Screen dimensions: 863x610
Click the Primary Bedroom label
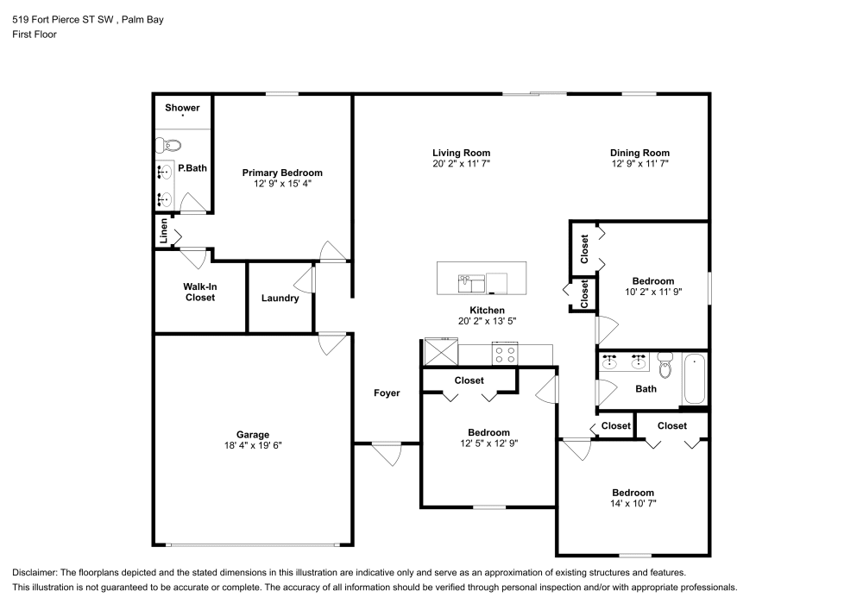pyautogui.click(x=282, y=173)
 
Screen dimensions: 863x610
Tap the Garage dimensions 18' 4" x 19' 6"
pyautogui.click(x=253, y=445)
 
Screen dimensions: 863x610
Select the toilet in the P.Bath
pyautogui.click(x=168, y=146)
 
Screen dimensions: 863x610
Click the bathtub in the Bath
pyautogui.click(x=695, y=380)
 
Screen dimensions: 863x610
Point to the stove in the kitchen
pyautogui.click(x=505, y=353)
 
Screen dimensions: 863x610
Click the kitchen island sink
pyautogui.click(x=471, y=284)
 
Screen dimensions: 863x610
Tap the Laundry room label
pyautogui.click(x=280, y=299)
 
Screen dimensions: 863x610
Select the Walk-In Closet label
pyautogui.click(x=200, y=292)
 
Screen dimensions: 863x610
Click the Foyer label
pyautogui.click(x=387, y=393)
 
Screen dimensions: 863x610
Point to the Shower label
pyautogui.click(x=182, y=108)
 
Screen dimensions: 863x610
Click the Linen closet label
pyautogui.click(x=163, y=231)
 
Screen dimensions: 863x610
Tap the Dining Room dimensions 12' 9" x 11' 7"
pyautogui.click(x=640, y=163)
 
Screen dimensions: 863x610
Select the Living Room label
pyautogui.click(x=461, y=153)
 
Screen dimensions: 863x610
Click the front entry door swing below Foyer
pyautogui.click(x=388, y=455)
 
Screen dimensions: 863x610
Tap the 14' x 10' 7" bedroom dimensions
pyautogui.click(x=633, y=503)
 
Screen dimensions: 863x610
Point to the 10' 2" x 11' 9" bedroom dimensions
pyautogui.click(x=653, y=292)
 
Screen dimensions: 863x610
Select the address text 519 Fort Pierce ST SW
pyautogui.click(x=63, y=20)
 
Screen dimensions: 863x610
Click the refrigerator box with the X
pyautogui.click(x=441, y=352)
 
